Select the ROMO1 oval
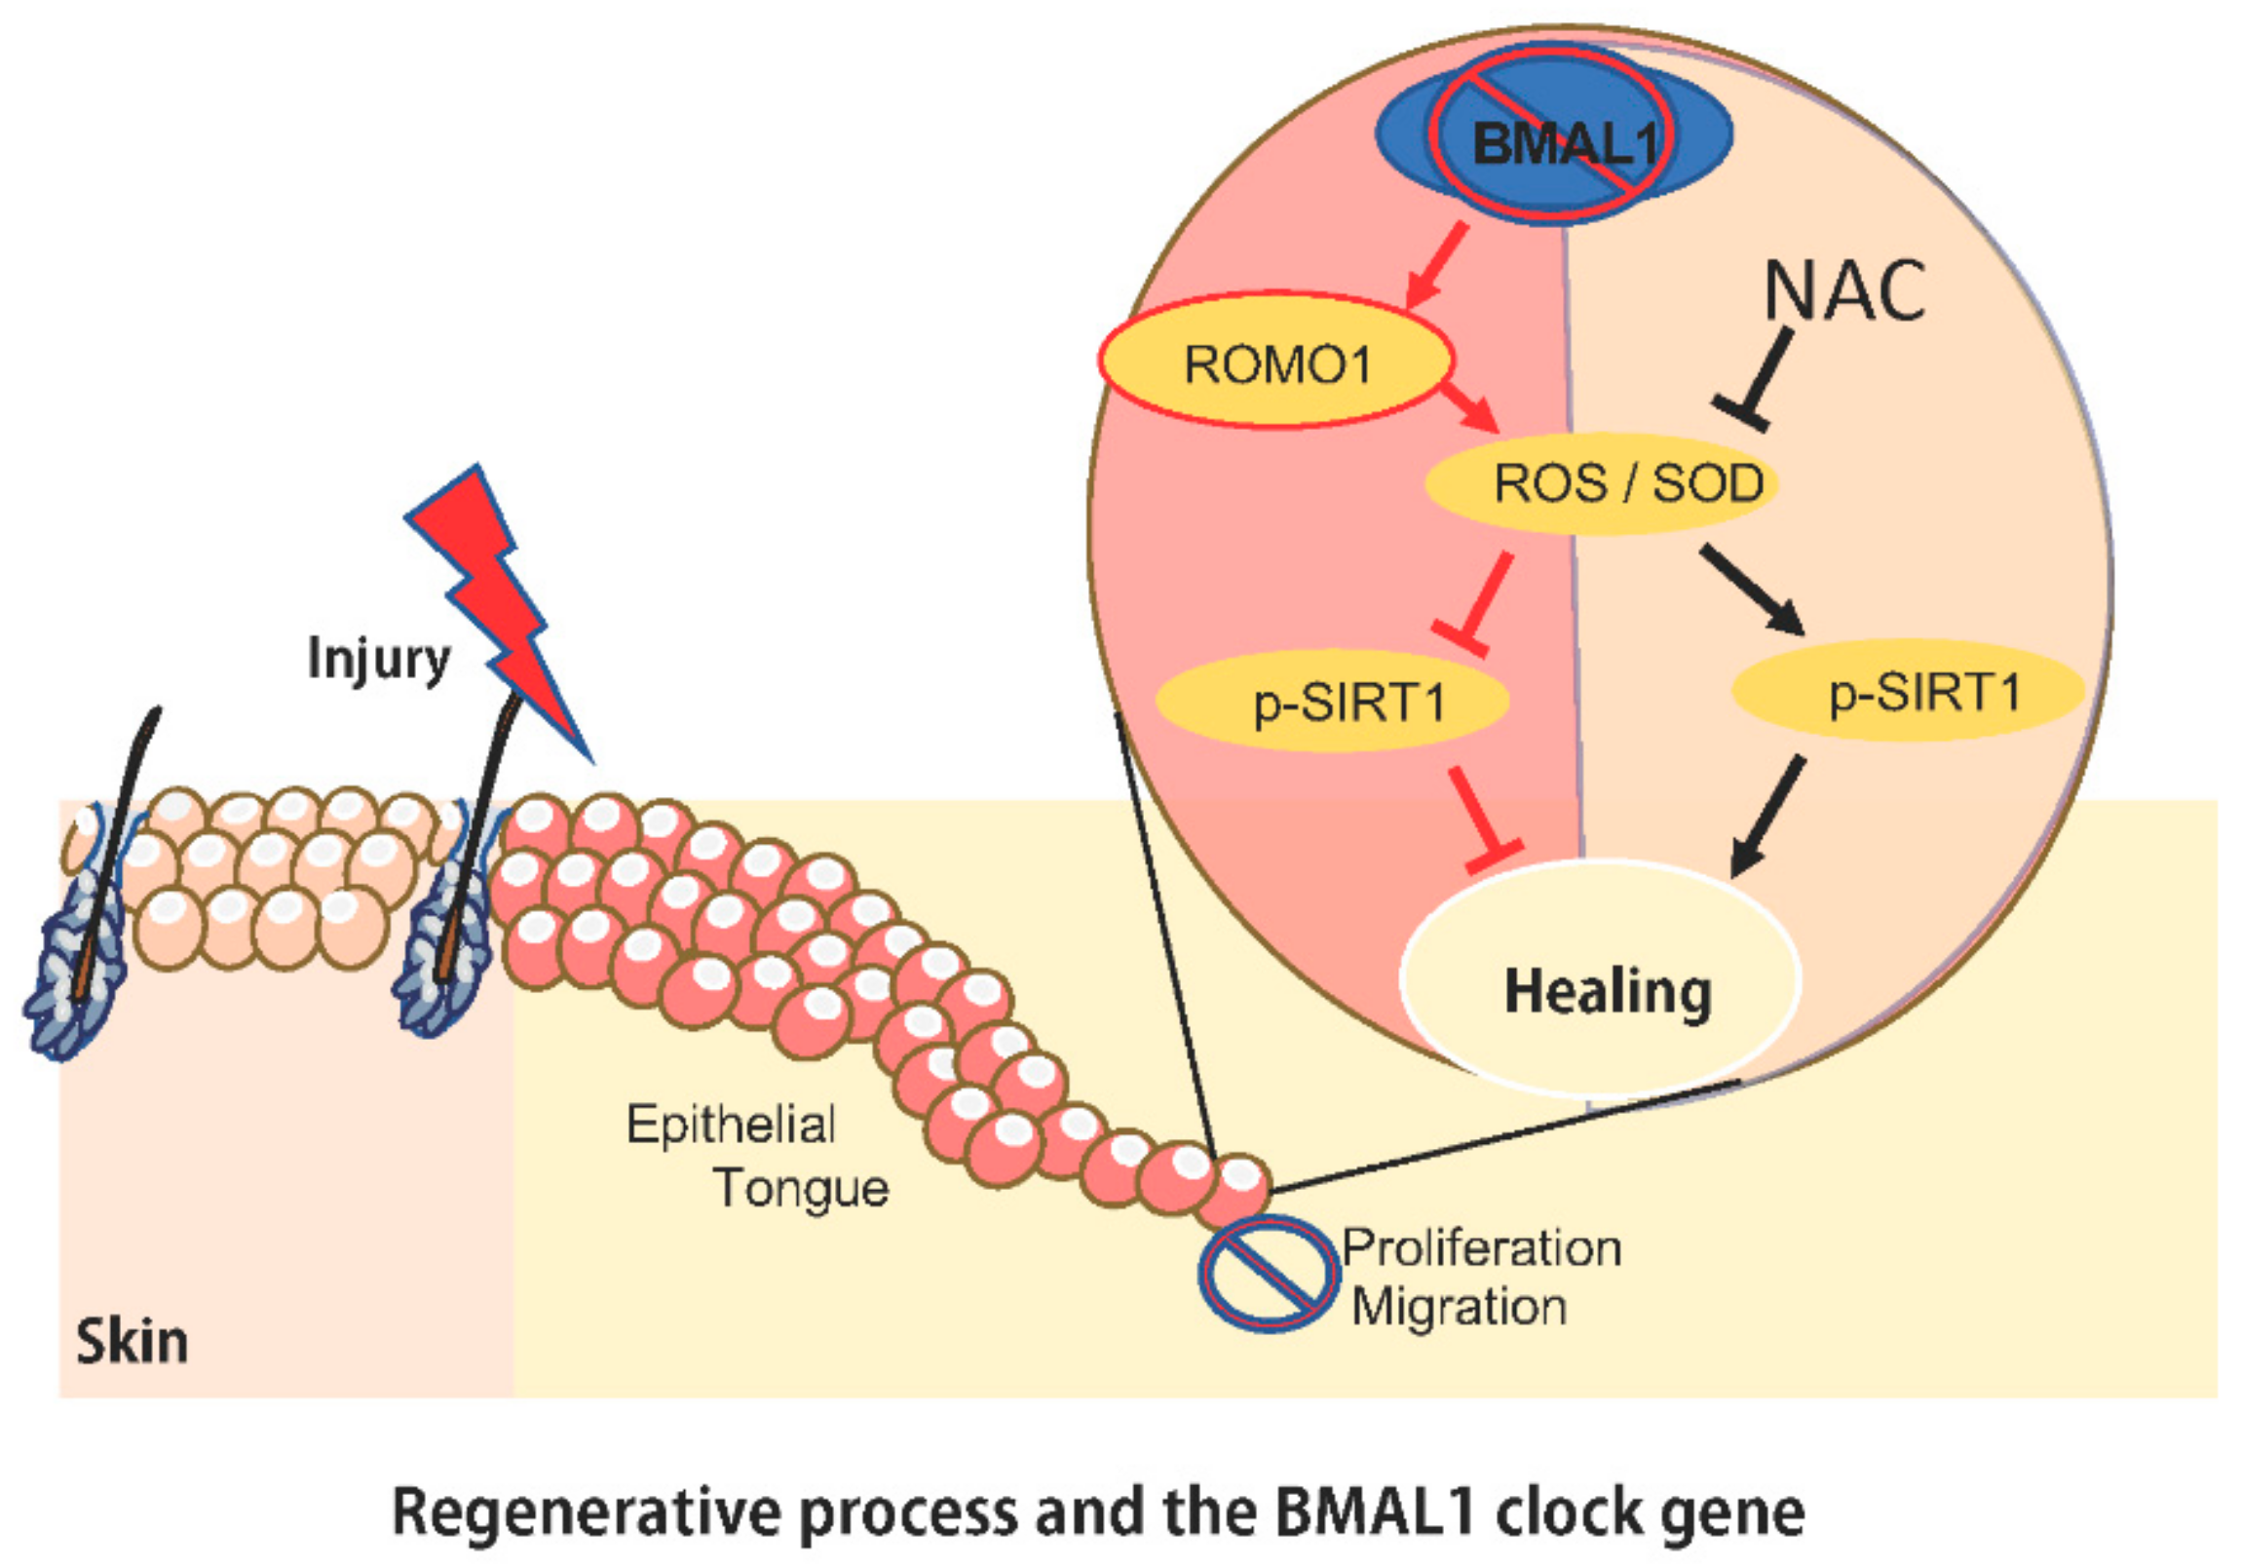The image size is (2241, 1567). pos(1275,362)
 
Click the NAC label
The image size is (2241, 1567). pos(1844,291)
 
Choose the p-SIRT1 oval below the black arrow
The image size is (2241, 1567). pos(1908,691)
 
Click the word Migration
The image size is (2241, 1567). pos(1460,1308)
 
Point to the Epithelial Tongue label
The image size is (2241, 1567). pos(756,1156)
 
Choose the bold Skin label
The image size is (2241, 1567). pos(132,1342)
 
